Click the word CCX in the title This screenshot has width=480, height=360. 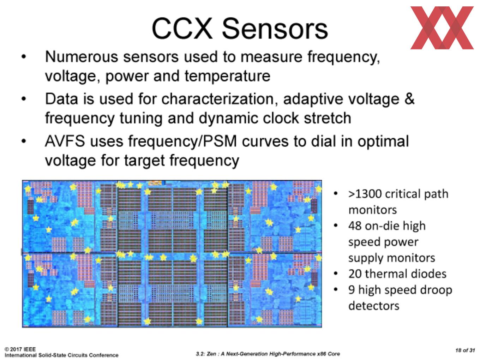tap(182, 29)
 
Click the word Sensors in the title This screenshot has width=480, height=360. tap(275, 29)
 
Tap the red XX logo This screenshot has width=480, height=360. tap(442, 28)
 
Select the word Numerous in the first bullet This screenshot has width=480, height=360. tap(81, 57)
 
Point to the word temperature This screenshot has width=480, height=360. tap(227, 77)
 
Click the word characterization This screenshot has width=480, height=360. tap(217, 99)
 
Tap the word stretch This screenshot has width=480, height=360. tap(328, 118)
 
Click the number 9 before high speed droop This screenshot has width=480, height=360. tap(352, 290)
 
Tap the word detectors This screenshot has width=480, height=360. tap(374, 306)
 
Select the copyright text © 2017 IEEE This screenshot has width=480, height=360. tap(20, 349)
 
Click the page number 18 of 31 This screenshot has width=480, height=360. tap(465, 350)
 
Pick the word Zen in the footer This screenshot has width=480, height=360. tap(211, 354)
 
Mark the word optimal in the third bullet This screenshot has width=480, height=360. tap(383, 142)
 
